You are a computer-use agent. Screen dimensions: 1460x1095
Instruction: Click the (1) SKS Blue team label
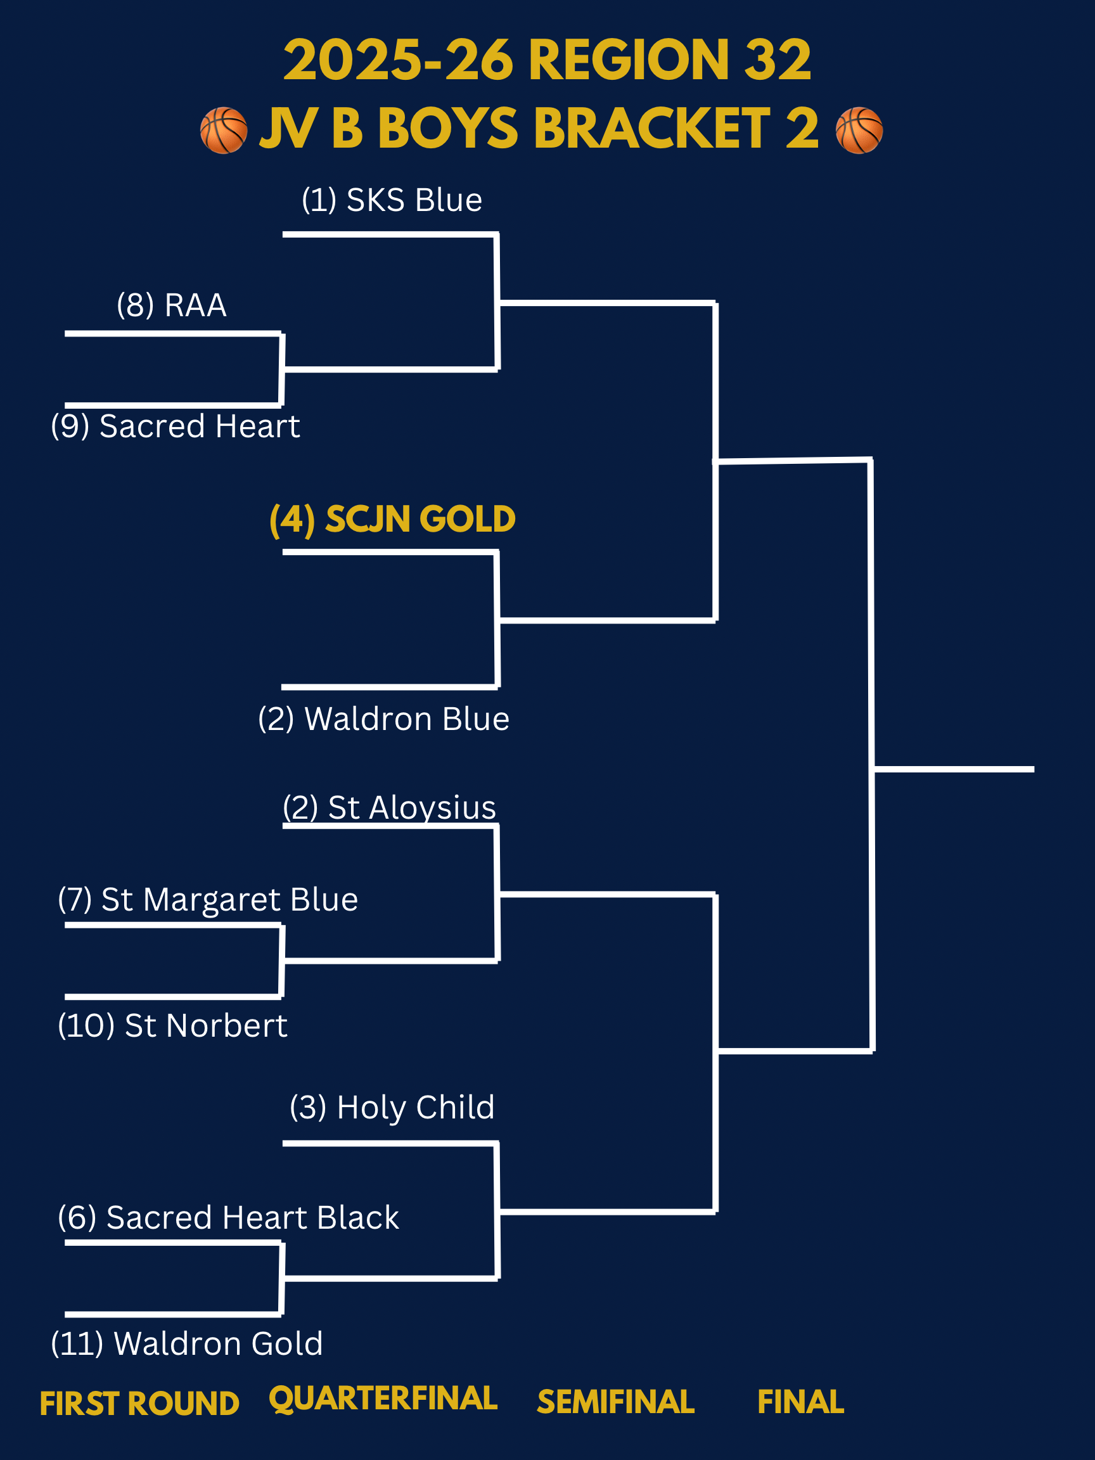point(392,200)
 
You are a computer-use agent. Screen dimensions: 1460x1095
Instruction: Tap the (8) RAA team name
point(172,305)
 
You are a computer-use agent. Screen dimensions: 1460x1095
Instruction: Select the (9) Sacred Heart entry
point(175,426)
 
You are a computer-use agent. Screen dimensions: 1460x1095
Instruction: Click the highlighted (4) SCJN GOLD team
point(392,520)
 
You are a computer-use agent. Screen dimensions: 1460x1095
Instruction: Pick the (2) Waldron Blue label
point(383,719)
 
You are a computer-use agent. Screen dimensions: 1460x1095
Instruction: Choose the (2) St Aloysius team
point(390,808)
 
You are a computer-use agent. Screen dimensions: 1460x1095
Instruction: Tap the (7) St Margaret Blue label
point(208,900)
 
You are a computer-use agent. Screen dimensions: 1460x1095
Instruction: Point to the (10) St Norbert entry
point(173,1026)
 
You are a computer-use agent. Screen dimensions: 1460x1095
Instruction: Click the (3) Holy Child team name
point(392,1108)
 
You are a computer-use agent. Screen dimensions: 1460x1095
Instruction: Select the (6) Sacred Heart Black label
point(228,1218)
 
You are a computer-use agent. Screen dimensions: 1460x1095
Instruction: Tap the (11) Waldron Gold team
point(187,1344)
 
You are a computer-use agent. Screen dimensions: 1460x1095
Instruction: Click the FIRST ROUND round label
point(139,1404)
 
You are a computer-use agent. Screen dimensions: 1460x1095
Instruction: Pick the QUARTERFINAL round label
point(383,1399)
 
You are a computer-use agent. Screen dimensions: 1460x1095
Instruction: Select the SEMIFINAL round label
point(615,1402)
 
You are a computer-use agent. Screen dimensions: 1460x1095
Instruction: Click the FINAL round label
point(800,1402)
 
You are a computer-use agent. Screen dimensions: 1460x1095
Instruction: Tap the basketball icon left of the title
point(224,130)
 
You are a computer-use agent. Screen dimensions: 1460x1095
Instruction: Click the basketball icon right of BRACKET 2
point(859,130)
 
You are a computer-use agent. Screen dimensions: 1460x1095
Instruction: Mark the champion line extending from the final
point(954,769)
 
